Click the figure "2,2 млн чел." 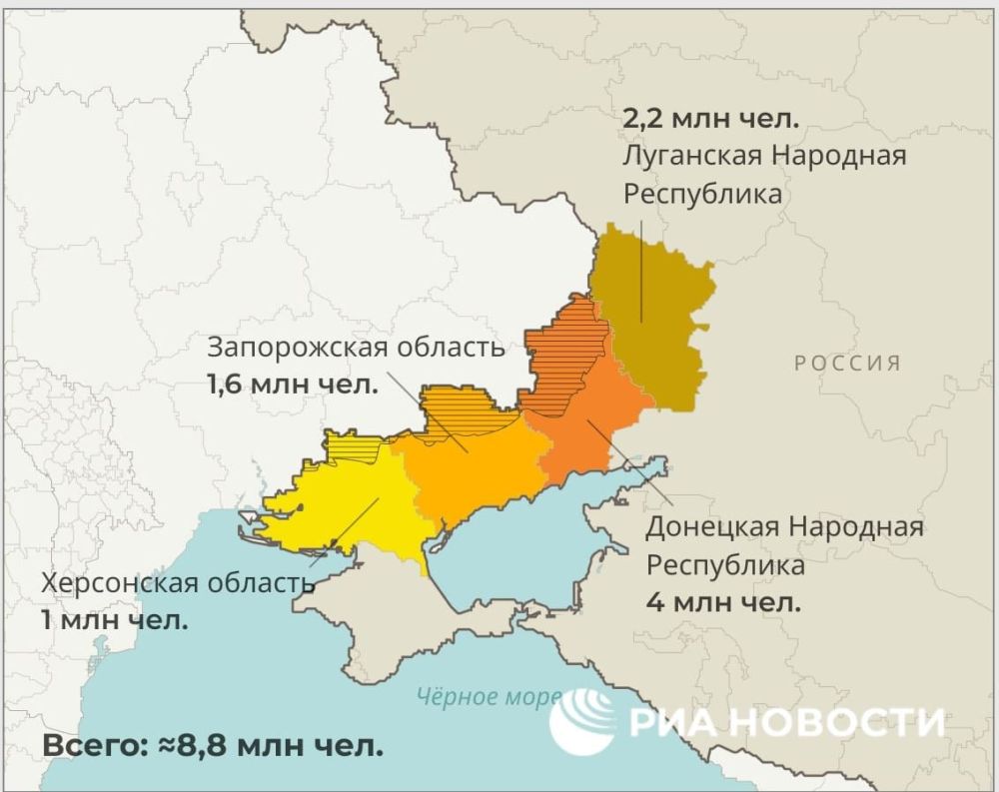pos(711,120)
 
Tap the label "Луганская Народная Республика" pos(764,175)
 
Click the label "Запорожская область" pos(356,348)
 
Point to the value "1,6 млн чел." pos(293,384)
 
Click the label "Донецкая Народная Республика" pos(784,545)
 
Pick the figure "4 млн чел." pos(723,602)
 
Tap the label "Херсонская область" pos(171,582)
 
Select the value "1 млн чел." pos(114,620)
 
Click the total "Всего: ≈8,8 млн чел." pos(213,746)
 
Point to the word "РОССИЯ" pos(847,363)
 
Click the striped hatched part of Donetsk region pos(564,350)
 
